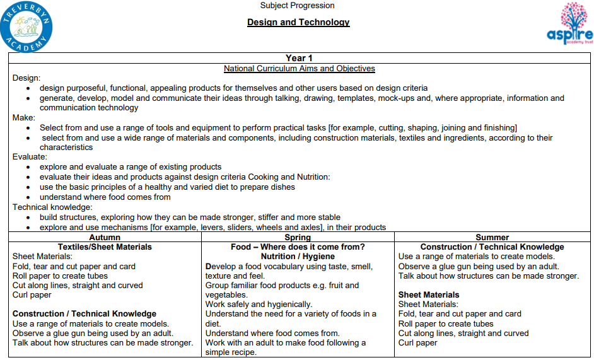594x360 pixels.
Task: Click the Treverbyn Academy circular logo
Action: pos(26,26)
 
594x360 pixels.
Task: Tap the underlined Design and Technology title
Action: pos(298,23)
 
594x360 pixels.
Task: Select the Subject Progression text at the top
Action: pos(298,6)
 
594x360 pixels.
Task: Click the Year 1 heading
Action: pos(299,59)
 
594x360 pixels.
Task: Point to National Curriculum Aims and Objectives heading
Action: pos(299,69)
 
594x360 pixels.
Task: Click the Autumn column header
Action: pos(105,238)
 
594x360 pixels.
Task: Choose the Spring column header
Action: pos(298,238)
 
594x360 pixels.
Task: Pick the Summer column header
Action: pos(492,238)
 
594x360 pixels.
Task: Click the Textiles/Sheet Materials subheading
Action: pos(105,247)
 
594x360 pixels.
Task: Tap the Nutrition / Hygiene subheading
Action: pos(298,257)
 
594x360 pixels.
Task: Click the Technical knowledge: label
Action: pos(52,207)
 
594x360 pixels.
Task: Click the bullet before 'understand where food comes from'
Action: pos(28,197)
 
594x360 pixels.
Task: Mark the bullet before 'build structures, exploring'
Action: pos(28,218)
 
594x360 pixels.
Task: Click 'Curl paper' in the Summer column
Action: pos(417,343)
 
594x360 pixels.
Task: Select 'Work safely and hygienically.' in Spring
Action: pos(259,305)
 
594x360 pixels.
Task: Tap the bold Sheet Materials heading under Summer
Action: pos(429,294)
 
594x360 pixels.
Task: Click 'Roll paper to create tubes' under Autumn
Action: pos(60,276)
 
